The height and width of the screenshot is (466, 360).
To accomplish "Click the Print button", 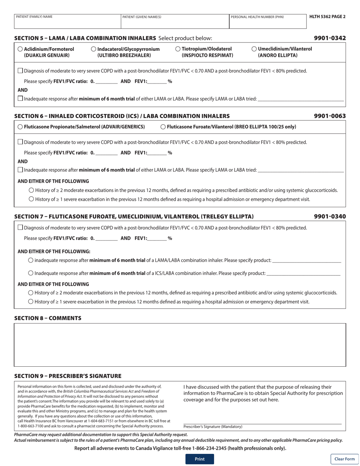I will (199, 459).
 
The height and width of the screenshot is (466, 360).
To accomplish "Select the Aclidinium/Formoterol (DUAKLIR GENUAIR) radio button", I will (20, 49).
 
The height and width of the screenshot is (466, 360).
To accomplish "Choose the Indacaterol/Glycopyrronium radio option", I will (94, 49).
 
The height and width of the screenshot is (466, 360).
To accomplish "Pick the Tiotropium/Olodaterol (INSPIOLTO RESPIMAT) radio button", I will (178, 49).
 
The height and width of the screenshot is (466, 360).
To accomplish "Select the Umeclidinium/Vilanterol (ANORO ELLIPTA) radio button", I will (254, 49).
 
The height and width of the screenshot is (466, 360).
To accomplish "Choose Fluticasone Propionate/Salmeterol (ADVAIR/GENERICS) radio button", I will (20, 127).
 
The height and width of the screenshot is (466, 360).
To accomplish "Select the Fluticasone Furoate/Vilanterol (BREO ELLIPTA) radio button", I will (163, 127).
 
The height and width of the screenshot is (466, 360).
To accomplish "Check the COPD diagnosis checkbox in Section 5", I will (20, 71).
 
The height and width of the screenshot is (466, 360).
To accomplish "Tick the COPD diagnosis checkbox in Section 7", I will (20, 228).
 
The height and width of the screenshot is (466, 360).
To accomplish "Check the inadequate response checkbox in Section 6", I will (20, 170).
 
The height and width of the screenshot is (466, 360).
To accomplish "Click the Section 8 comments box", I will (180, 345).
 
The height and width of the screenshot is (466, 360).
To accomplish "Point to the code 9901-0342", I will (330, 38).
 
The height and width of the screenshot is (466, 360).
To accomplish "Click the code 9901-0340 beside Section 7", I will (330, 217).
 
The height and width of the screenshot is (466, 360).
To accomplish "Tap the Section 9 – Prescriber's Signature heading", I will (67, 376).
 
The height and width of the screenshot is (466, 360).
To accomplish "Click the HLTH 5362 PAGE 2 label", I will (327, 17).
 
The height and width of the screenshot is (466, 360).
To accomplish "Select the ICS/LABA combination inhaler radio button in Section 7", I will (31, 273).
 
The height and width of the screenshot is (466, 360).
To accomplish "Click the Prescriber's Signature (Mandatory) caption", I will (213, 427).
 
